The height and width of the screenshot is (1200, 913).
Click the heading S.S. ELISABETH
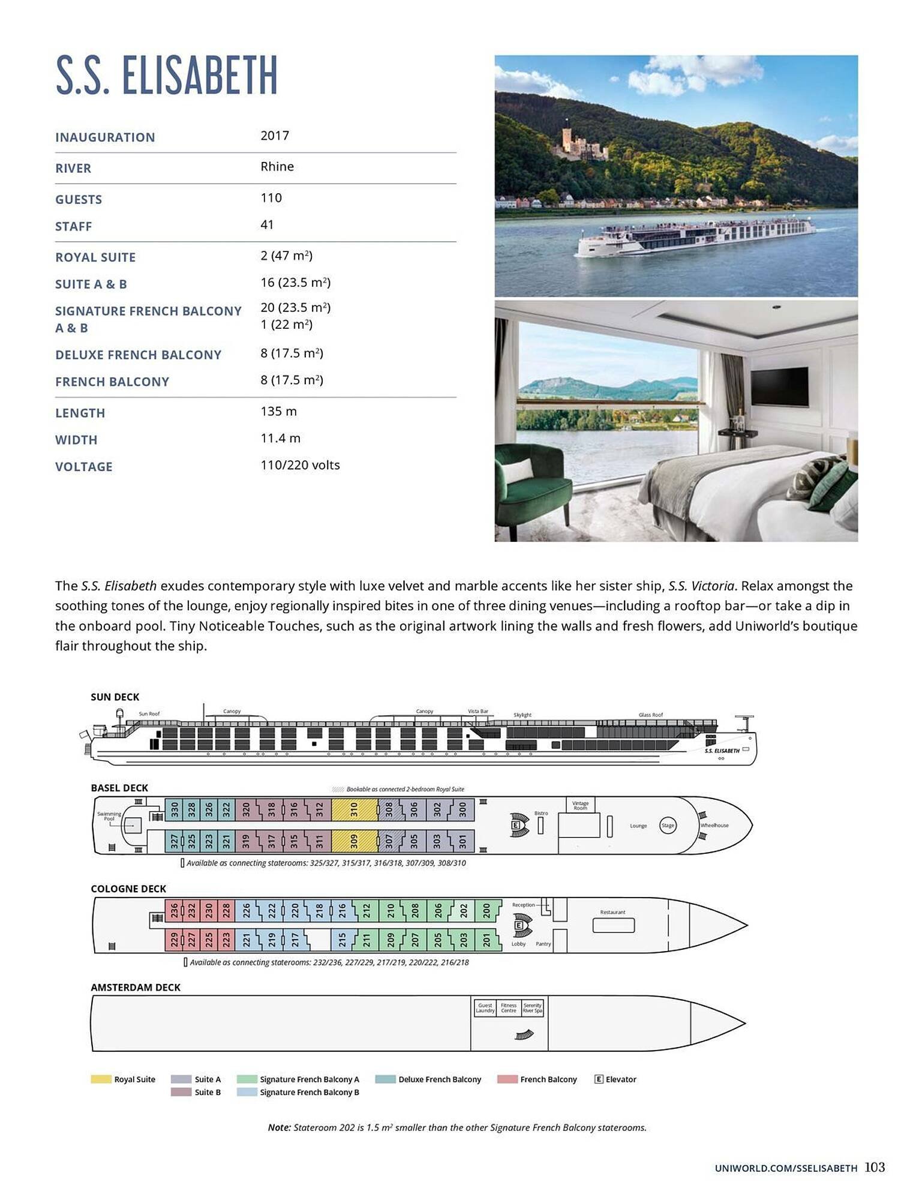pos(167,76)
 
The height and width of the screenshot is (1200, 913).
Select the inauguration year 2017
pos(275,136)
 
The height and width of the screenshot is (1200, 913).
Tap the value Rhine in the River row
pos(277,167)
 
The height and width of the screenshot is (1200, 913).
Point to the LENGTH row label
pos(80,413)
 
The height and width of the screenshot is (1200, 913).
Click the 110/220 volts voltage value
pos(300,465)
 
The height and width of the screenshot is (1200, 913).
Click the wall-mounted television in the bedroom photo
pos(779,387)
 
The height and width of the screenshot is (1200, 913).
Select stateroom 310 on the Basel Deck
pos(354,809)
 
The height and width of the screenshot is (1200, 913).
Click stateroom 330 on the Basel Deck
pos(175,809)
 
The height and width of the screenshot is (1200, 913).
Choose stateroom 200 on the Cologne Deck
pos(486,910)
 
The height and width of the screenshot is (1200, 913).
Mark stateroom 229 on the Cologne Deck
pos(174,940)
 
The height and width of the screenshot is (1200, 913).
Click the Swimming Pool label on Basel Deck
pos(109,816)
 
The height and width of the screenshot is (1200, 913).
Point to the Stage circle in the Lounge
pos(668,826)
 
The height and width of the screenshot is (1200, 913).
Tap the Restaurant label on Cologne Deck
pos(612,912)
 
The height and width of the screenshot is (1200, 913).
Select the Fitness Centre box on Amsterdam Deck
pos(509,1007)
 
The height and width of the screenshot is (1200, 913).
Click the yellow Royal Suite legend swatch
pos(101,1079)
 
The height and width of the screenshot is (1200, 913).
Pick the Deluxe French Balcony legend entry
pos(439,1079)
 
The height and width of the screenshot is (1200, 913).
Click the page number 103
pos(875,1167)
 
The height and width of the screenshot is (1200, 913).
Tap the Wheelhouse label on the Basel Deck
pos(714,825)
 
